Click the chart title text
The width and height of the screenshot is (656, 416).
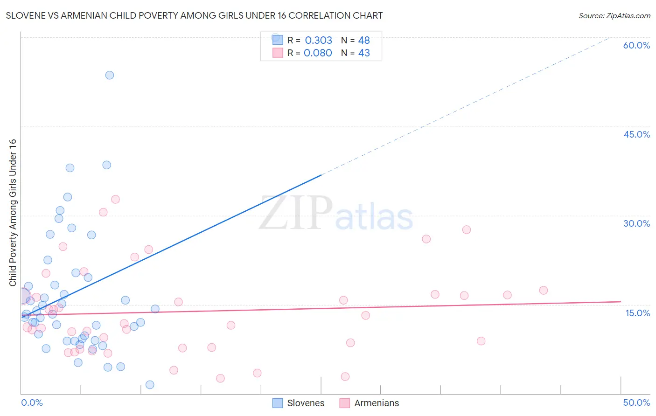tap(194, 16)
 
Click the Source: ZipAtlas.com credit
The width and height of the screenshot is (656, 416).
tap(614, 16)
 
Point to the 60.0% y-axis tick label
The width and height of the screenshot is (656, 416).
tap(636, 45)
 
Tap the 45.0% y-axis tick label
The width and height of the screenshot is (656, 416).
tap(636, 134)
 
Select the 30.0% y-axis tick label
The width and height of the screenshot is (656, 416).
tap(636, 223)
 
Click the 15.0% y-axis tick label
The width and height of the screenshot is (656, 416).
tap(637, 313)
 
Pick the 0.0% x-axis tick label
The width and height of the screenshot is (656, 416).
tap(32, 402)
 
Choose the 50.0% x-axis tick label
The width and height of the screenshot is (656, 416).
tap(636, 402)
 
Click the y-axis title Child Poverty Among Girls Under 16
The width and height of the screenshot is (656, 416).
tap(13, 213)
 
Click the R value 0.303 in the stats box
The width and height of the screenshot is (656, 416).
tap(319, 41)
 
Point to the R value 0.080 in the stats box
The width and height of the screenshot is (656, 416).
tap(318, 53)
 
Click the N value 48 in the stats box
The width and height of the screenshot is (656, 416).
tap(364, 41)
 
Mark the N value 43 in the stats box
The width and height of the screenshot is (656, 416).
tap(364, 53)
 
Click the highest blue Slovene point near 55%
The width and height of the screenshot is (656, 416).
tap(110, 75)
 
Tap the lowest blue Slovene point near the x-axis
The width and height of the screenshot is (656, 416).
tap(150, 385)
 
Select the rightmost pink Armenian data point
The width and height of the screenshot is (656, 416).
tap(543, 290)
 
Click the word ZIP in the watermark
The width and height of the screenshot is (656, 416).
tap(296, 213)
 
